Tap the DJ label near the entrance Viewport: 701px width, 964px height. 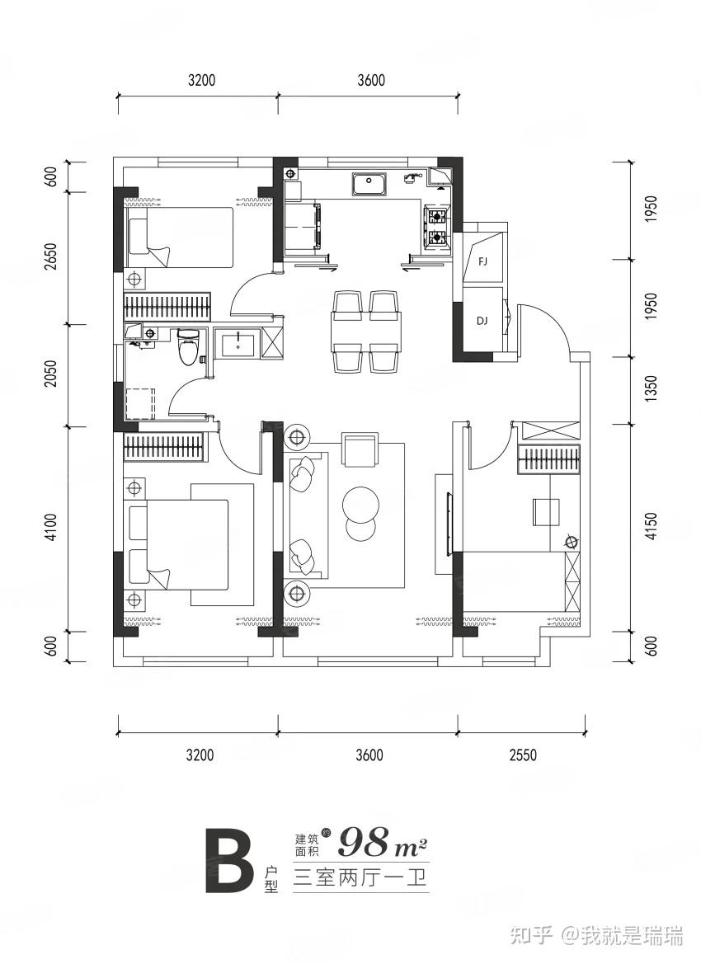click(482, 321)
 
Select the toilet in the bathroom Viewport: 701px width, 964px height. click(188, 347)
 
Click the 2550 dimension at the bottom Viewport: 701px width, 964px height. click(523, 755)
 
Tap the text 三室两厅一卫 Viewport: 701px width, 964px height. click(361, 876)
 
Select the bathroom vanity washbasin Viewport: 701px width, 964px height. click(238, 341)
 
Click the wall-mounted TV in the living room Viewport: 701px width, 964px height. click(449, 521)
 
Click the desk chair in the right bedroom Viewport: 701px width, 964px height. click(546, 510)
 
